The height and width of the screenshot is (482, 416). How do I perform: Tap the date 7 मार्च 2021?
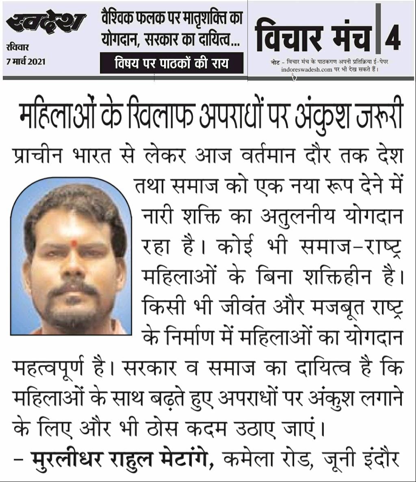[26, 62]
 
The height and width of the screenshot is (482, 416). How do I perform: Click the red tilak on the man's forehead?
[74, 243]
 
